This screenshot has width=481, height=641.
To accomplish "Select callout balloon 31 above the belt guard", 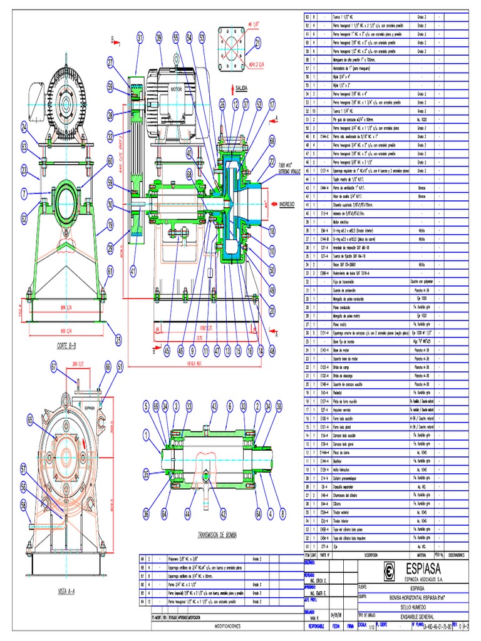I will click(140, 39).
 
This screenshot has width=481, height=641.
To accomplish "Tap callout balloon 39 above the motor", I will click(159, 39).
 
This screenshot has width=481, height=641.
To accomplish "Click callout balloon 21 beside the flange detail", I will click(258, 43).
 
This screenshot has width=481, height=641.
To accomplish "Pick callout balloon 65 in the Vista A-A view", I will click(31, 421).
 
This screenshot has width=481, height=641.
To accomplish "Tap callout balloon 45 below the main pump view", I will click(167, 352).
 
